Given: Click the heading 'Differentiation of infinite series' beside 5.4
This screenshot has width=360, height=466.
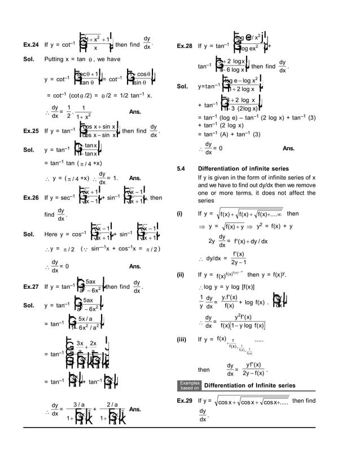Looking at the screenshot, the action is pyautogui.click(x=243, y=169).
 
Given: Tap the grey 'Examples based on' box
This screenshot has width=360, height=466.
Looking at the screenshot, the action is pyautogui.click(x=189, y=385).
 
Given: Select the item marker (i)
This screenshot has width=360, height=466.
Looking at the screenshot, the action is pyautogui.click(x=181, y=214).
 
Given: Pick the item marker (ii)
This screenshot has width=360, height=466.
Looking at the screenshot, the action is pyautogui.click(x=181, y=275).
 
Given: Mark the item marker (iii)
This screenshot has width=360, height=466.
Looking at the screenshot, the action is pyautogui.click(x=182, y=340).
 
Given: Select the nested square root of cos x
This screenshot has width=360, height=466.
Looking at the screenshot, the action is pyautogui.click(x=251, y=401).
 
